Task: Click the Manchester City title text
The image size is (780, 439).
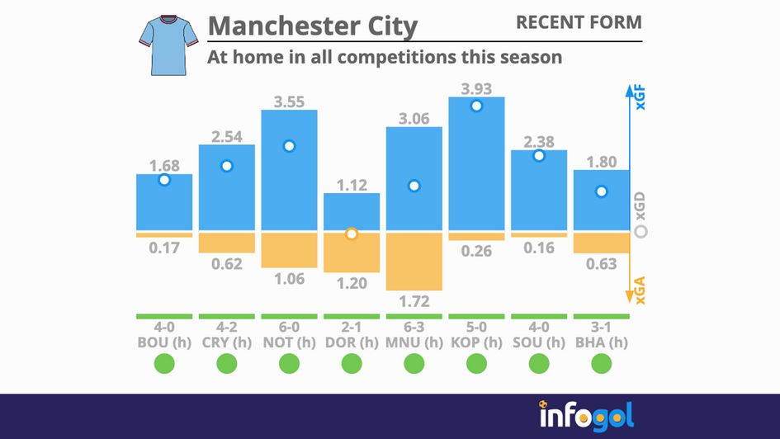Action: pyautogui.click(x=312, y=26)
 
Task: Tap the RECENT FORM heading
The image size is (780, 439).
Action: pyautogui.click(x=578, y=22)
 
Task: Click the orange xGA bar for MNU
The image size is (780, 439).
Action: pyautogui.click(x=414, y=261)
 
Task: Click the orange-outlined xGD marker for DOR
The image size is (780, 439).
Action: pyautogui.click(x=352, y=234)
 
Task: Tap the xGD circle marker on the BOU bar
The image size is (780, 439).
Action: pyautogui.click(x=164, y=180)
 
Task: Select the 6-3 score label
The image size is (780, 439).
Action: pyautogui.click(x=414, y=328)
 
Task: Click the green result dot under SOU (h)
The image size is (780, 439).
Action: pyautogui.click(x=539, y=363)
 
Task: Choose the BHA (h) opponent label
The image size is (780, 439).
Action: pyautogui.click(x=601, y=342)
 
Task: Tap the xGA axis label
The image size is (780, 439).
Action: pyautogui.click(x=641, y=290)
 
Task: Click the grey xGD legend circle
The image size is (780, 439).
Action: pyautogui.click(x=641, y=233)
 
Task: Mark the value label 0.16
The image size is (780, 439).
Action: pyautogui.click(x=539, y=247)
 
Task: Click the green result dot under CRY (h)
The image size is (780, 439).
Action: pyautogui.click(x=227, y=363)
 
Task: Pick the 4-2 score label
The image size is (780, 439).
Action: pyautogui.click(x=227, y=328)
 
